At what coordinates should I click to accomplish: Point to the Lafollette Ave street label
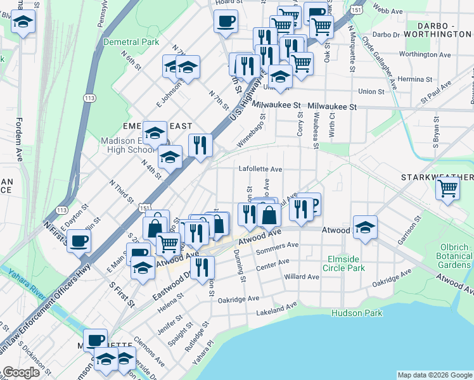[260, 169]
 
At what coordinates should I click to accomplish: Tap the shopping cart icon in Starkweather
[448, 188]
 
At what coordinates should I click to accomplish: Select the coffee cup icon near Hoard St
[226, 22]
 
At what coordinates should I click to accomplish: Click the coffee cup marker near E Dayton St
[79, 241]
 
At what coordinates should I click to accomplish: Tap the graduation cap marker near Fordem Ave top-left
[23, 23]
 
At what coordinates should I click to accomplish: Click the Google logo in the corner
[21, 372]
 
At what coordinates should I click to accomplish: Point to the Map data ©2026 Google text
[434, 375]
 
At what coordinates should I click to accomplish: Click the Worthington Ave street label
[428, 54]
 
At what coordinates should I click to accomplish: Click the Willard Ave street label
[302, 277]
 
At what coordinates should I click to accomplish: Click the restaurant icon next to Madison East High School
[200, 145]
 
